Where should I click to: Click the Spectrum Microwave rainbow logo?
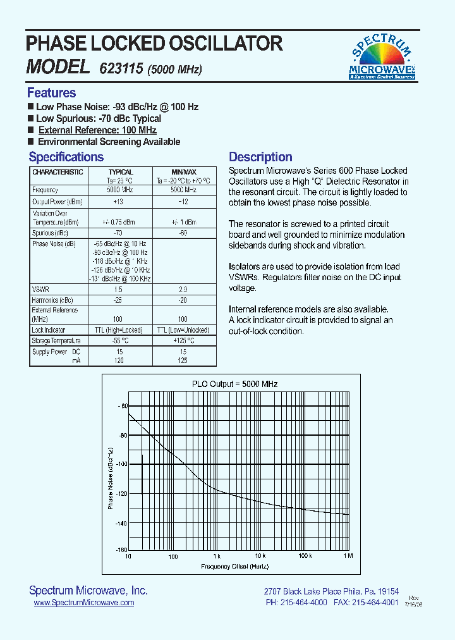tap(382, 56)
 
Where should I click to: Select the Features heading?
tap(51, 93)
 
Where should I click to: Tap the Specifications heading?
tap(66, 157)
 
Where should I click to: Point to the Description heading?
tap(260, 157)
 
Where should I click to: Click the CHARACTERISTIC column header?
tap(58, 172)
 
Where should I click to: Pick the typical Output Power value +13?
tap(119, 202)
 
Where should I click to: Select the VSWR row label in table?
tap(40, 289)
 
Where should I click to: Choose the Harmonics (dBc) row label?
tap(52, 300)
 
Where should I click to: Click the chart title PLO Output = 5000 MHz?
tap(234, 384)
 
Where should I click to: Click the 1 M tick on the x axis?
tap(348, 556)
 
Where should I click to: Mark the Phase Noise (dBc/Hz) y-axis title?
tap(110, 478)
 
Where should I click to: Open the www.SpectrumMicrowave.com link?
tap(83, 603)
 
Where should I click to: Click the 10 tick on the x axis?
tap(128, 556)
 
